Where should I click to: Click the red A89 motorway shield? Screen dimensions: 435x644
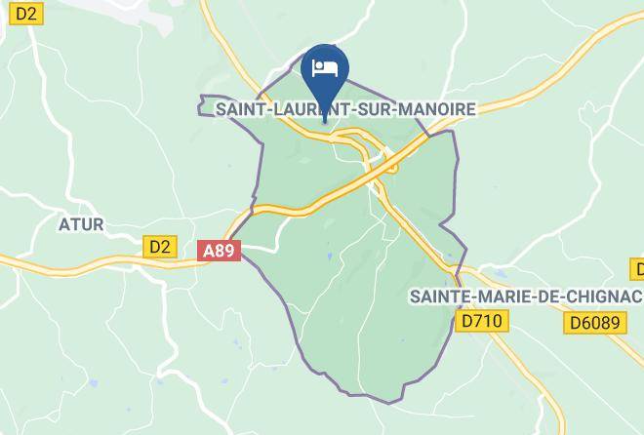[219, 251]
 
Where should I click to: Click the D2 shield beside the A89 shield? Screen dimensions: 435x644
[160, 247]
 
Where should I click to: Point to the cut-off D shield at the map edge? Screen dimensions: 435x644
[637, 269]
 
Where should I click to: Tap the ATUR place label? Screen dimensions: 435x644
[81, 225]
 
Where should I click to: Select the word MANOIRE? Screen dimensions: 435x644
[437, 109]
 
